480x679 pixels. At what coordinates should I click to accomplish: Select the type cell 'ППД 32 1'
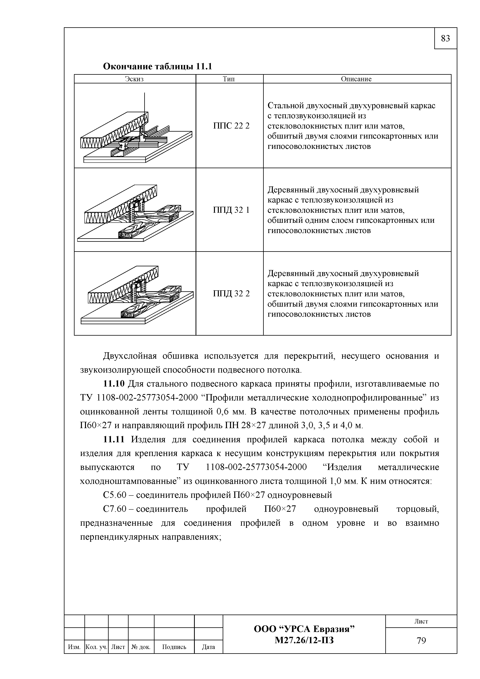(231, 210)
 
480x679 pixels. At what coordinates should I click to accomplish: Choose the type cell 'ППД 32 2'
(231, 294)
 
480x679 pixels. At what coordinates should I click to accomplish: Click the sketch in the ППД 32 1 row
(135, 213)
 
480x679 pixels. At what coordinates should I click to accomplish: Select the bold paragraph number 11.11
(114, 440)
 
